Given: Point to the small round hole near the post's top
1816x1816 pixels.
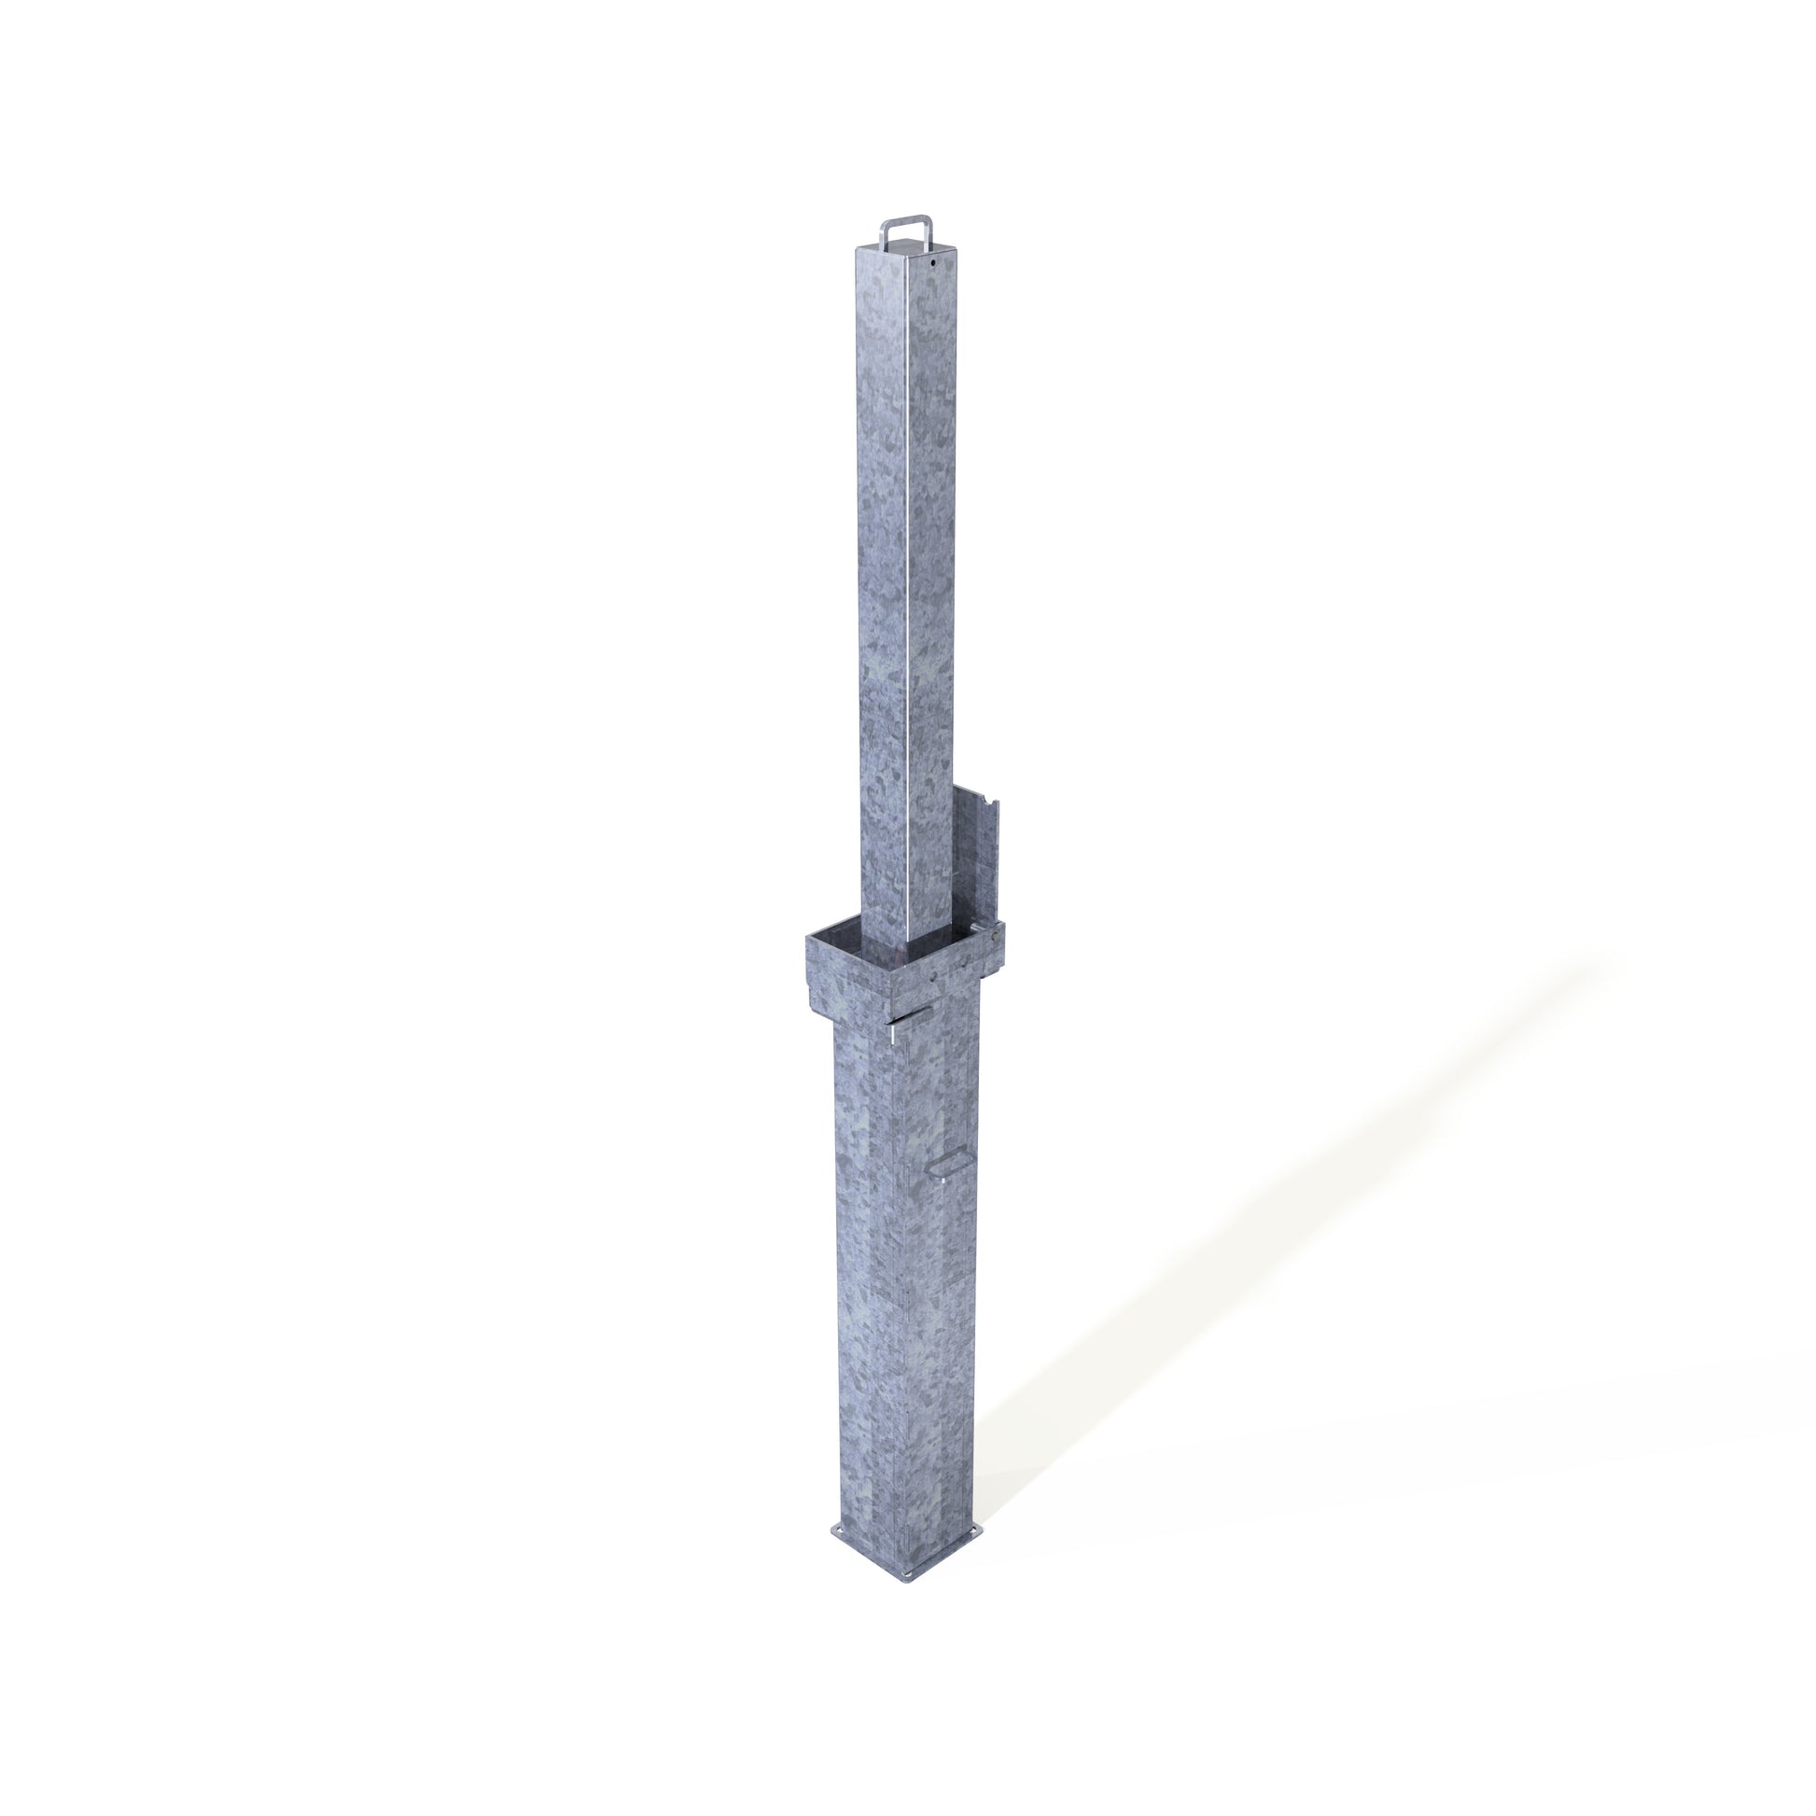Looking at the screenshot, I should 932,264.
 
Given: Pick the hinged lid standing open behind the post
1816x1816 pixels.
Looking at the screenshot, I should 978,856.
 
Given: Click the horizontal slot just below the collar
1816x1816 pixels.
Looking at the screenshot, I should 908,1017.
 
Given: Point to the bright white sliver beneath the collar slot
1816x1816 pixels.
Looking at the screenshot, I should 889,1034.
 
